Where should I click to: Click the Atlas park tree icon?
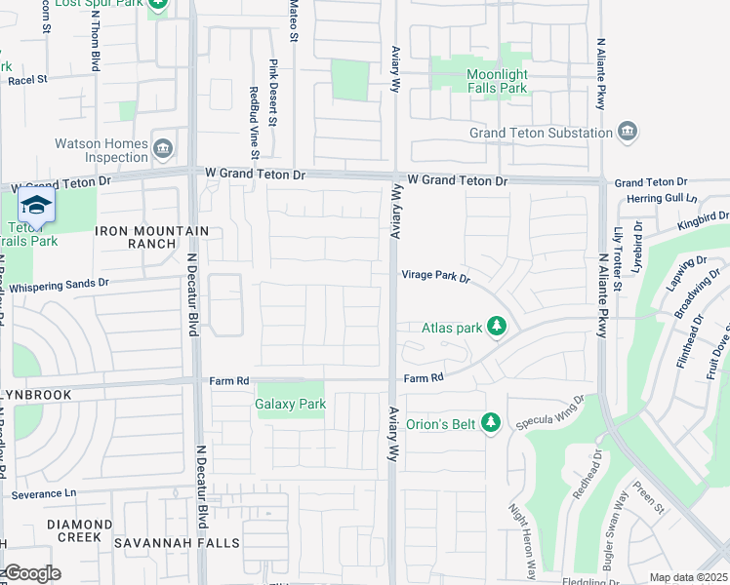click(x=497, y=327)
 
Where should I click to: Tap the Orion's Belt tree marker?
click(x=492, y=421)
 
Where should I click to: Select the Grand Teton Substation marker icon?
click(x=628, y=133)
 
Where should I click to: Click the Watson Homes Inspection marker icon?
click(x=163, y=149)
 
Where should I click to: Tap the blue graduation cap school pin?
click(x=36, y=206)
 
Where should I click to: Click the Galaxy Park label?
click(x=291, y=404)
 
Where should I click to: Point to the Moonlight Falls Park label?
click(x=483, y=81)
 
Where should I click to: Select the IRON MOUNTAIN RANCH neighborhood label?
click(x=151, y=237)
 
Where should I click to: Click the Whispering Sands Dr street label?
click(x=61, y=285)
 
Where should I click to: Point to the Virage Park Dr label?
click(x=436, y=276)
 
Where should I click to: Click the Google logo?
click(x=31, y=573)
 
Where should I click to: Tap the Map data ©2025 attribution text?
click(x=687, y=577)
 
